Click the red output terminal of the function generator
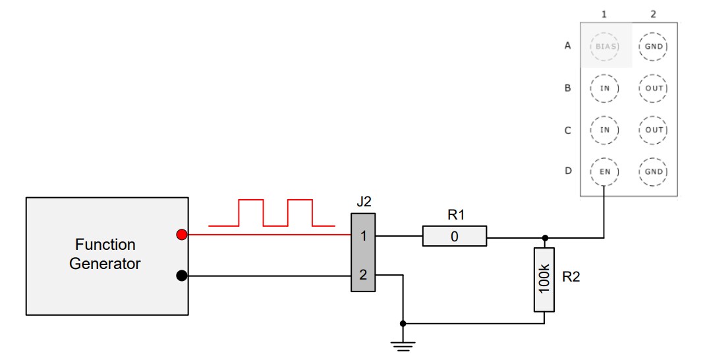183,235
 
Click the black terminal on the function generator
183,276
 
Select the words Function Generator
105,254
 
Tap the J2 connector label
363,202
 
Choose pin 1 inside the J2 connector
362,235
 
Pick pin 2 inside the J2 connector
362,276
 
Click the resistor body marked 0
455,236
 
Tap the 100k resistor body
544,280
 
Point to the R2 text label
571,278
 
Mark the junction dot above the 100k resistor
544,236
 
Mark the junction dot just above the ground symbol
403,324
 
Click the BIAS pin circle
605,47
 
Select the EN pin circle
605,171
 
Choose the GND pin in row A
654,47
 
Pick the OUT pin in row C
654,130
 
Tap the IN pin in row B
605,88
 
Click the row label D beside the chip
567,171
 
